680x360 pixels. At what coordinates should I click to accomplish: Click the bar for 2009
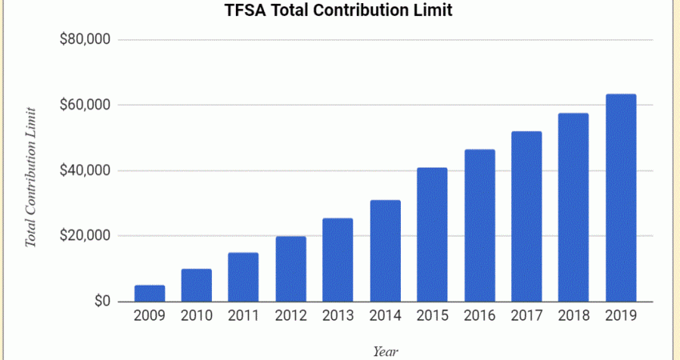[150, 294]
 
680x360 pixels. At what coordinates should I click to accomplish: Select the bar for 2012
[291, 269]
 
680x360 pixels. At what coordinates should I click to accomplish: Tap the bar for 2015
[432, 234]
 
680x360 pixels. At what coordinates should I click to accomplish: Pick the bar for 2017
[526, 216]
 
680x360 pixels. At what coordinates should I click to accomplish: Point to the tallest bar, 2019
[621, 198]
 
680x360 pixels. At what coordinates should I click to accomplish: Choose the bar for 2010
[197, 286]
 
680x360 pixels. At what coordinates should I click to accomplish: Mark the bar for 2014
[385, 250]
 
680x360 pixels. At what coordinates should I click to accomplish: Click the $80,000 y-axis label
[85, 40]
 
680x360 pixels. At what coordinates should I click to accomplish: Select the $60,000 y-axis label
[85, 106]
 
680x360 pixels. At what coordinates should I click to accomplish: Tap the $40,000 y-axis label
[85, 171]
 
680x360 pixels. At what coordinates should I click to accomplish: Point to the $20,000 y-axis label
[85, 236]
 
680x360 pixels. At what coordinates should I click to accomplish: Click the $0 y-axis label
[101, 302]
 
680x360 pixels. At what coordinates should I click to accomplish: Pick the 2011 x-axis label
[243, 316]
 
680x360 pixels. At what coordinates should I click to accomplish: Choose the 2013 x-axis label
[338, 316]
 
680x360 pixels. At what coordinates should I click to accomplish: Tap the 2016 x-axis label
[479, 316]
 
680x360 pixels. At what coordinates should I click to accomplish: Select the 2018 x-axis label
[574, 316]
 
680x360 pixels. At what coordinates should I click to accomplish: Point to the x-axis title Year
[386, 350]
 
